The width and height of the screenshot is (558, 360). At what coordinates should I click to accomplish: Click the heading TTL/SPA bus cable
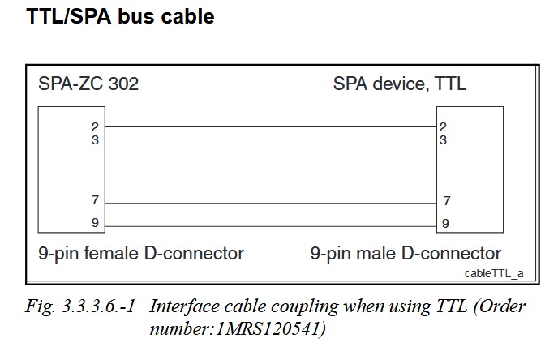[121, 16]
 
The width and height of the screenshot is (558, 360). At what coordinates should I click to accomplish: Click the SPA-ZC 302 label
[88, 84]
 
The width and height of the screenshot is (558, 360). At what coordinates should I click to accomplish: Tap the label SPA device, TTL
[400, 84]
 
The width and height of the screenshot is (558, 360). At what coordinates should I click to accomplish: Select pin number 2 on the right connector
[443, 126]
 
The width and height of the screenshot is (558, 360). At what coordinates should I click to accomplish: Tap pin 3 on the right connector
[443, 139]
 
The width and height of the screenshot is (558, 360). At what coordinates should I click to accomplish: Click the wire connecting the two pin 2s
[270, 127]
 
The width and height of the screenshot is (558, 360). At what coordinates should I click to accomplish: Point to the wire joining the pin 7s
[270, 203]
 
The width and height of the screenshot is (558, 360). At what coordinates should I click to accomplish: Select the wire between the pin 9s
[270, 225]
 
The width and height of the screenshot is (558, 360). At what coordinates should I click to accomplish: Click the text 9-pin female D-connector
[141, 253]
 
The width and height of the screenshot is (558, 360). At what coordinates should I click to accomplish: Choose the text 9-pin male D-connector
[406, 253]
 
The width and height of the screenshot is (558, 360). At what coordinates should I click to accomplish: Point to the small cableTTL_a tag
[493, 272]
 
